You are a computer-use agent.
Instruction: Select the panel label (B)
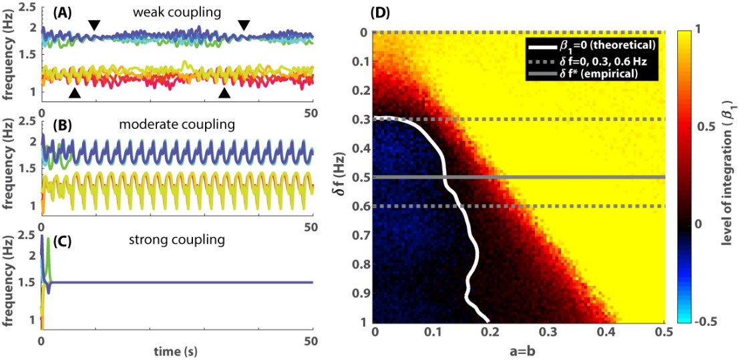pyautogui.click(x=56, y=124)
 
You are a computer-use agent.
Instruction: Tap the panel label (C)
pyautogui.click(x=56, y=238)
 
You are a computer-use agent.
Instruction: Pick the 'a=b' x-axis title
pyautogui.click(x=518, y=352)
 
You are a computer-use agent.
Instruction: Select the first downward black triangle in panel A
pyautogui.click(x=95, y=25)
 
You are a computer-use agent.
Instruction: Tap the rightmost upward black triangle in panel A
pyautogui.click(x=225, y=94)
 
